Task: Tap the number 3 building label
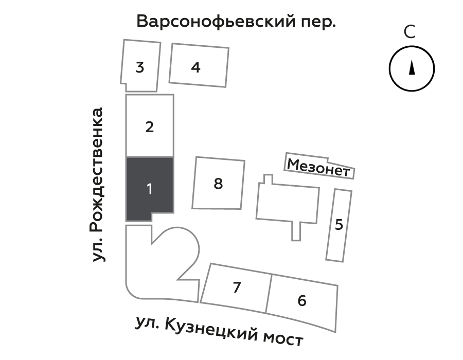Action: pos(140,67)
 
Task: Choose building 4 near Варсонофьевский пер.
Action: pos(199,65)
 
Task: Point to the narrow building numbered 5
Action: pos(339,225)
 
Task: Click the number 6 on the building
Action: pos(302,301)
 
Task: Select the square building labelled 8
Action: pos(219,184)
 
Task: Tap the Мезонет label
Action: pos(318,167)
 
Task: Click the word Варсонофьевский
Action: pos(216,22)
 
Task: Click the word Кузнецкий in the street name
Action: pos(210,330)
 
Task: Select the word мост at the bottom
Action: pos(283,339)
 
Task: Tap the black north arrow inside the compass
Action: pos(412,67)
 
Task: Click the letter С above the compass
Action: pos(410,32)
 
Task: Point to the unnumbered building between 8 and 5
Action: pos(287,204)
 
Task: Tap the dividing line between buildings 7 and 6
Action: pos(269,294)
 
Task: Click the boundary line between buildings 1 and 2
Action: pos(150,157)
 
